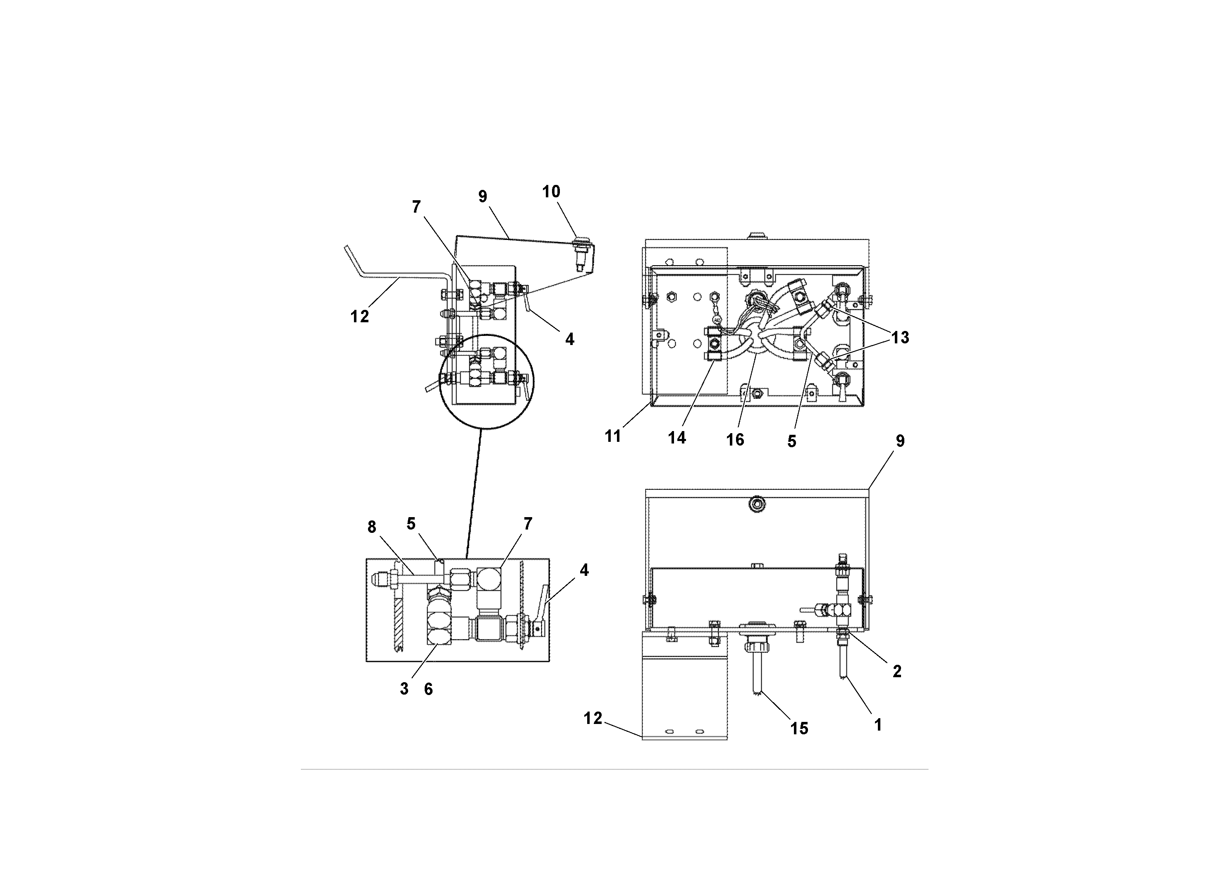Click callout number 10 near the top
click(551, 192)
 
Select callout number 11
click(613, 436)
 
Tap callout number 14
click(676, 438)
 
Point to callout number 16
click(735, 440)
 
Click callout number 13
click(900, 338)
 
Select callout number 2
click(897, 671)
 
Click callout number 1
click(878, 725)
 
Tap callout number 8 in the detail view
click(372, 527)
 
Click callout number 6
click(428, 689)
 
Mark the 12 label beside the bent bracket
click(360, 316)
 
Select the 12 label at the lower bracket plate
click(593, 718)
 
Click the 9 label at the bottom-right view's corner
click(900, 441)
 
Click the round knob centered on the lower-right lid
click(757, 504)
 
